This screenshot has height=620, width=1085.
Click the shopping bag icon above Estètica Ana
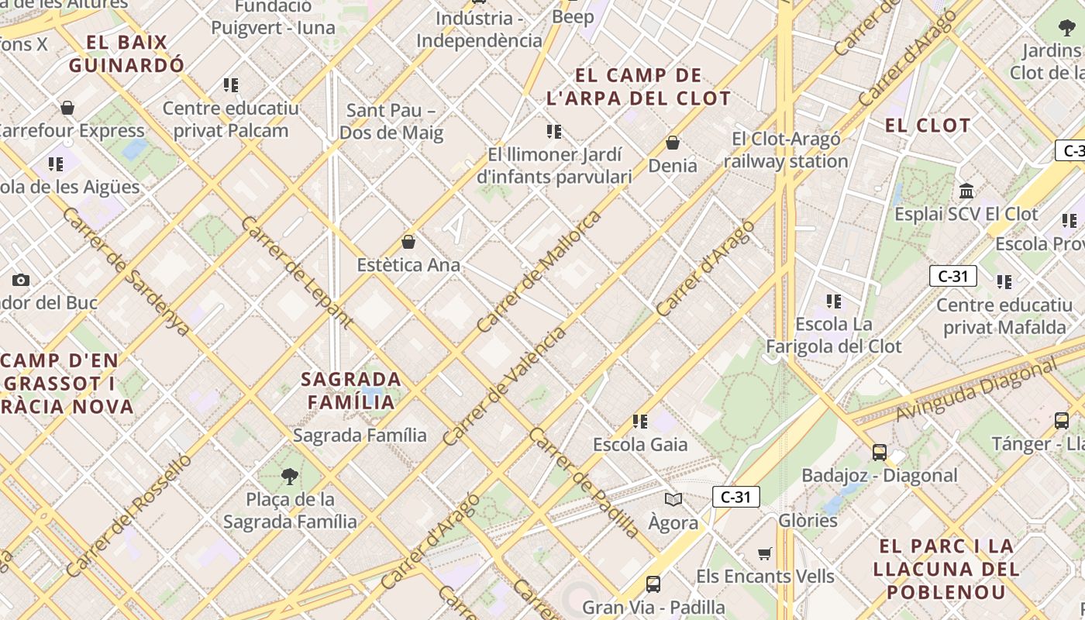point(408,242)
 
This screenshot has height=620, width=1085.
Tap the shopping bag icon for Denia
point(673,143)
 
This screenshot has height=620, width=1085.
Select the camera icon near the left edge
point(21,280)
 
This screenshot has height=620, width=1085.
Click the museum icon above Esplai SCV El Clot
point(966,191)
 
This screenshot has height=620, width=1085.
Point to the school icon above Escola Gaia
point(639,422)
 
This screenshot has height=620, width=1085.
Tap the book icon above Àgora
point(673,500)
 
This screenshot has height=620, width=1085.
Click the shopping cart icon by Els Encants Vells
point(765,553)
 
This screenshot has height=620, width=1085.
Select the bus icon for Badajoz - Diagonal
point(879,453)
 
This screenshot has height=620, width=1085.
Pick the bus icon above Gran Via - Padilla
point(653,584)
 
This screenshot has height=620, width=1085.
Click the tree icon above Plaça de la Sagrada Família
point(290,476)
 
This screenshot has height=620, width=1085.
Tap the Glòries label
point(808,520)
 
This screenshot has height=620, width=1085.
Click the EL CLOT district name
point(928,126)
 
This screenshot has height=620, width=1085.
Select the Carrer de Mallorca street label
point(539,271)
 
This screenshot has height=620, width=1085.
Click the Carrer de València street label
point(504,387)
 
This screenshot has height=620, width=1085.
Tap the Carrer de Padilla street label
point(584,482)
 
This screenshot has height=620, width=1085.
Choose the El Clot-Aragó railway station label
point(786,150)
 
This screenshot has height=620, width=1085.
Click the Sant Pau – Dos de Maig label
point(391,122)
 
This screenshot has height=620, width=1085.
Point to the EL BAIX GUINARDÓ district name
point(127,53)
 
